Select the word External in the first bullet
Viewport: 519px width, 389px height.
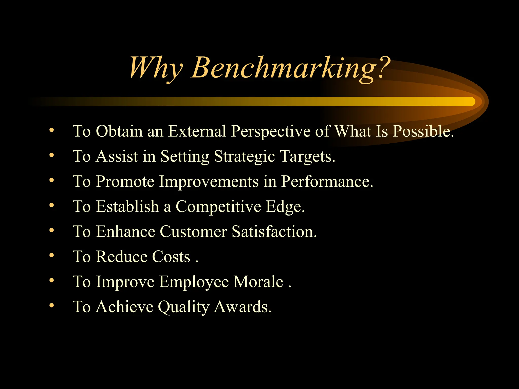197,131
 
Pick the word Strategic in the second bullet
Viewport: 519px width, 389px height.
244,156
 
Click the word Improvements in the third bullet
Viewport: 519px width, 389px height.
209,181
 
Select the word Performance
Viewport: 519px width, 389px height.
327,181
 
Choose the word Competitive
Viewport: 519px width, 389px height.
218,206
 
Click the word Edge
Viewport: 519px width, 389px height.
285,206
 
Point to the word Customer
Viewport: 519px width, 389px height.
193,231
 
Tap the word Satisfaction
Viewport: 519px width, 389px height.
274,231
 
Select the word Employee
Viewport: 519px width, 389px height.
194,282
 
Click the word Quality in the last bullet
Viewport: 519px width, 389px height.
183,307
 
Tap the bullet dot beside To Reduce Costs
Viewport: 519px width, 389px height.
52,255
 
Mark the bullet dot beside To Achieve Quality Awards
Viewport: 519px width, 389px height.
52,305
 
